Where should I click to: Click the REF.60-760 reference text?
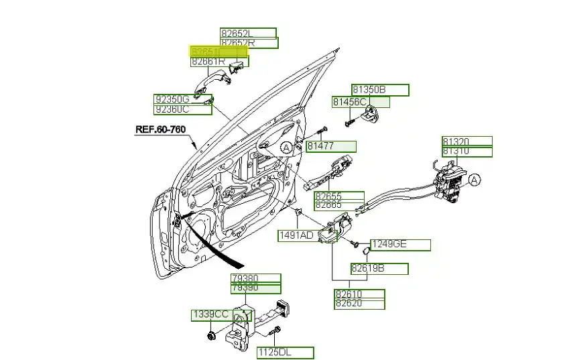(160, 129)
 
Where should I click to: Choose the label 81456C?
(350, 102)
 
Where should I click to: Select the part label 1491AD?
(296, 235)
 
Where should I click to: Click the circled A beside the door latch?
(474, 180)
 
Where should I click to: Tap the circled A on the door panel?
(286, 147)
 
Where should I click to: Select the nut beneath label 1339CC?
(211, 334)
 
